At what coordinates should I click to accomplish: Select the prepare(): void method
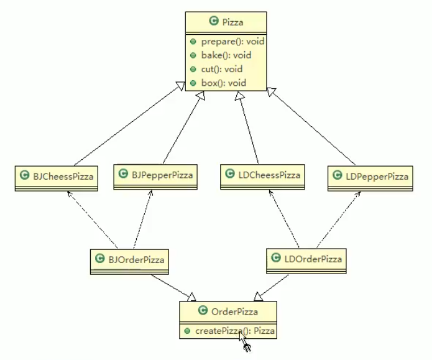pos(223,42)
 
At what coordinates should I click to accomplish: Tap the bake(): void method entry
pos(218,55)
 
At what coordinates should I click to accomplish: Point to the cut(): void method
pos(214,69)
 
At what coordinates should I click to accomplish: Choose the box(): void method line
pos(215,83)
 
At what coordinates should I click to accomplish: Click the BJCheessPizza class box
pos(55,177)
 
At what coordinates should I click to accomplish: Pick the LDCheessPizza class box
pos(261,176)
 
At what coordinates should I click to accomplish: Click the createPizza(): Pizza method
pos(232,331)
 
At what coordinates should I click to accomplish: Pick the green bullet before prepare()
pos(193,42)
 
